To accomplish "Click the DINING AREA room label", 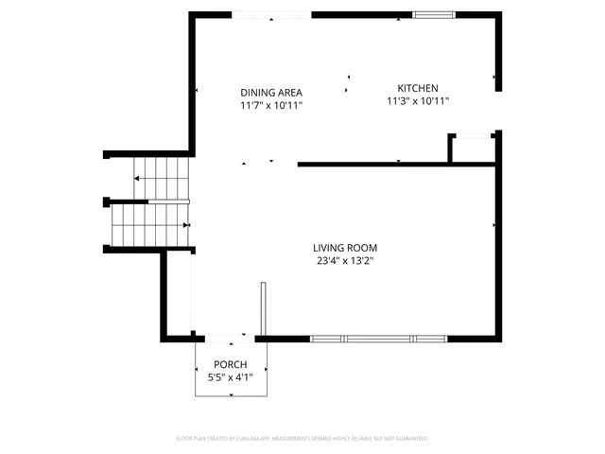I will pyautogui.click(x=270, y=92).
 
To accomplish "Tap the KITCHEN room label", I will pyautogui.click(x=417, y=87).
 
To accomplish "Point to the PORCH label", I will pyautogui.click(x=230, y=365).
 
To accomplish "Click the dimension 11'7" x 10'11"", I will pyautogui.click(x=270, y=106).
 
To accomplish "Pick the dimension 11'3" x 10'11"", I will pyautogui.click(x=417, y=100).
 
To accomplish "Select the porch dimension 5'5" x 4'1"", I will pyautogui.click(x=230, y=378).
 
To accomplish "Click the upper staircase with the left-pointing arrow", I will pyautogui.click(x=161, y=178).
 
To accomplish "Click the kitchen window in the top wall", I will pyautogui.click(x=433, y=14).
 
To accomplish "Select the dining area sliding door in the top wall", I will pyautogui.click(x=271, y=14).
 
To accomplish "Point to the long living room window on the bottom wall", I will pyautogui.click(x=378, y=338).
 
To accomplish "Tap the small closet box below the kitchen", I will pyautogui.click(x=472, y=149).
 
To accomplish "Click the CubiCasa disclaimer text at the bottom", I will pyautogui.click(x=302, y=439).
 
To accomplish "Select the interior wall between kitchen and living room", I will pyautogui.click(x=397, y=165).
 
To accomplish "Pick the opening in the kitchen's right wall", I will pyautogui.click(x=497, y=110).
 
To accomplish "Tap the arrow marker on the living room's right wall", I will pyautogui.click(x=494, y=225).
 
